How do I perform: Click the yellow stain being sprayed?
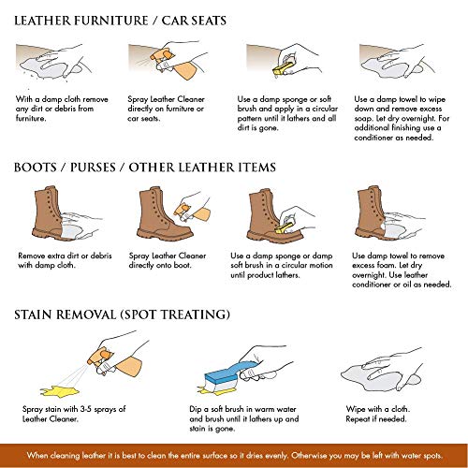click(x=42, y=384)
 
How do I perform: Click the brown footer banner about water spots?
click(x=234, y=455)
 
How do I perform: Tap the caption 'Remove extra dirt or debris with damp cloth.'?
click(x=59, y=259)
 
